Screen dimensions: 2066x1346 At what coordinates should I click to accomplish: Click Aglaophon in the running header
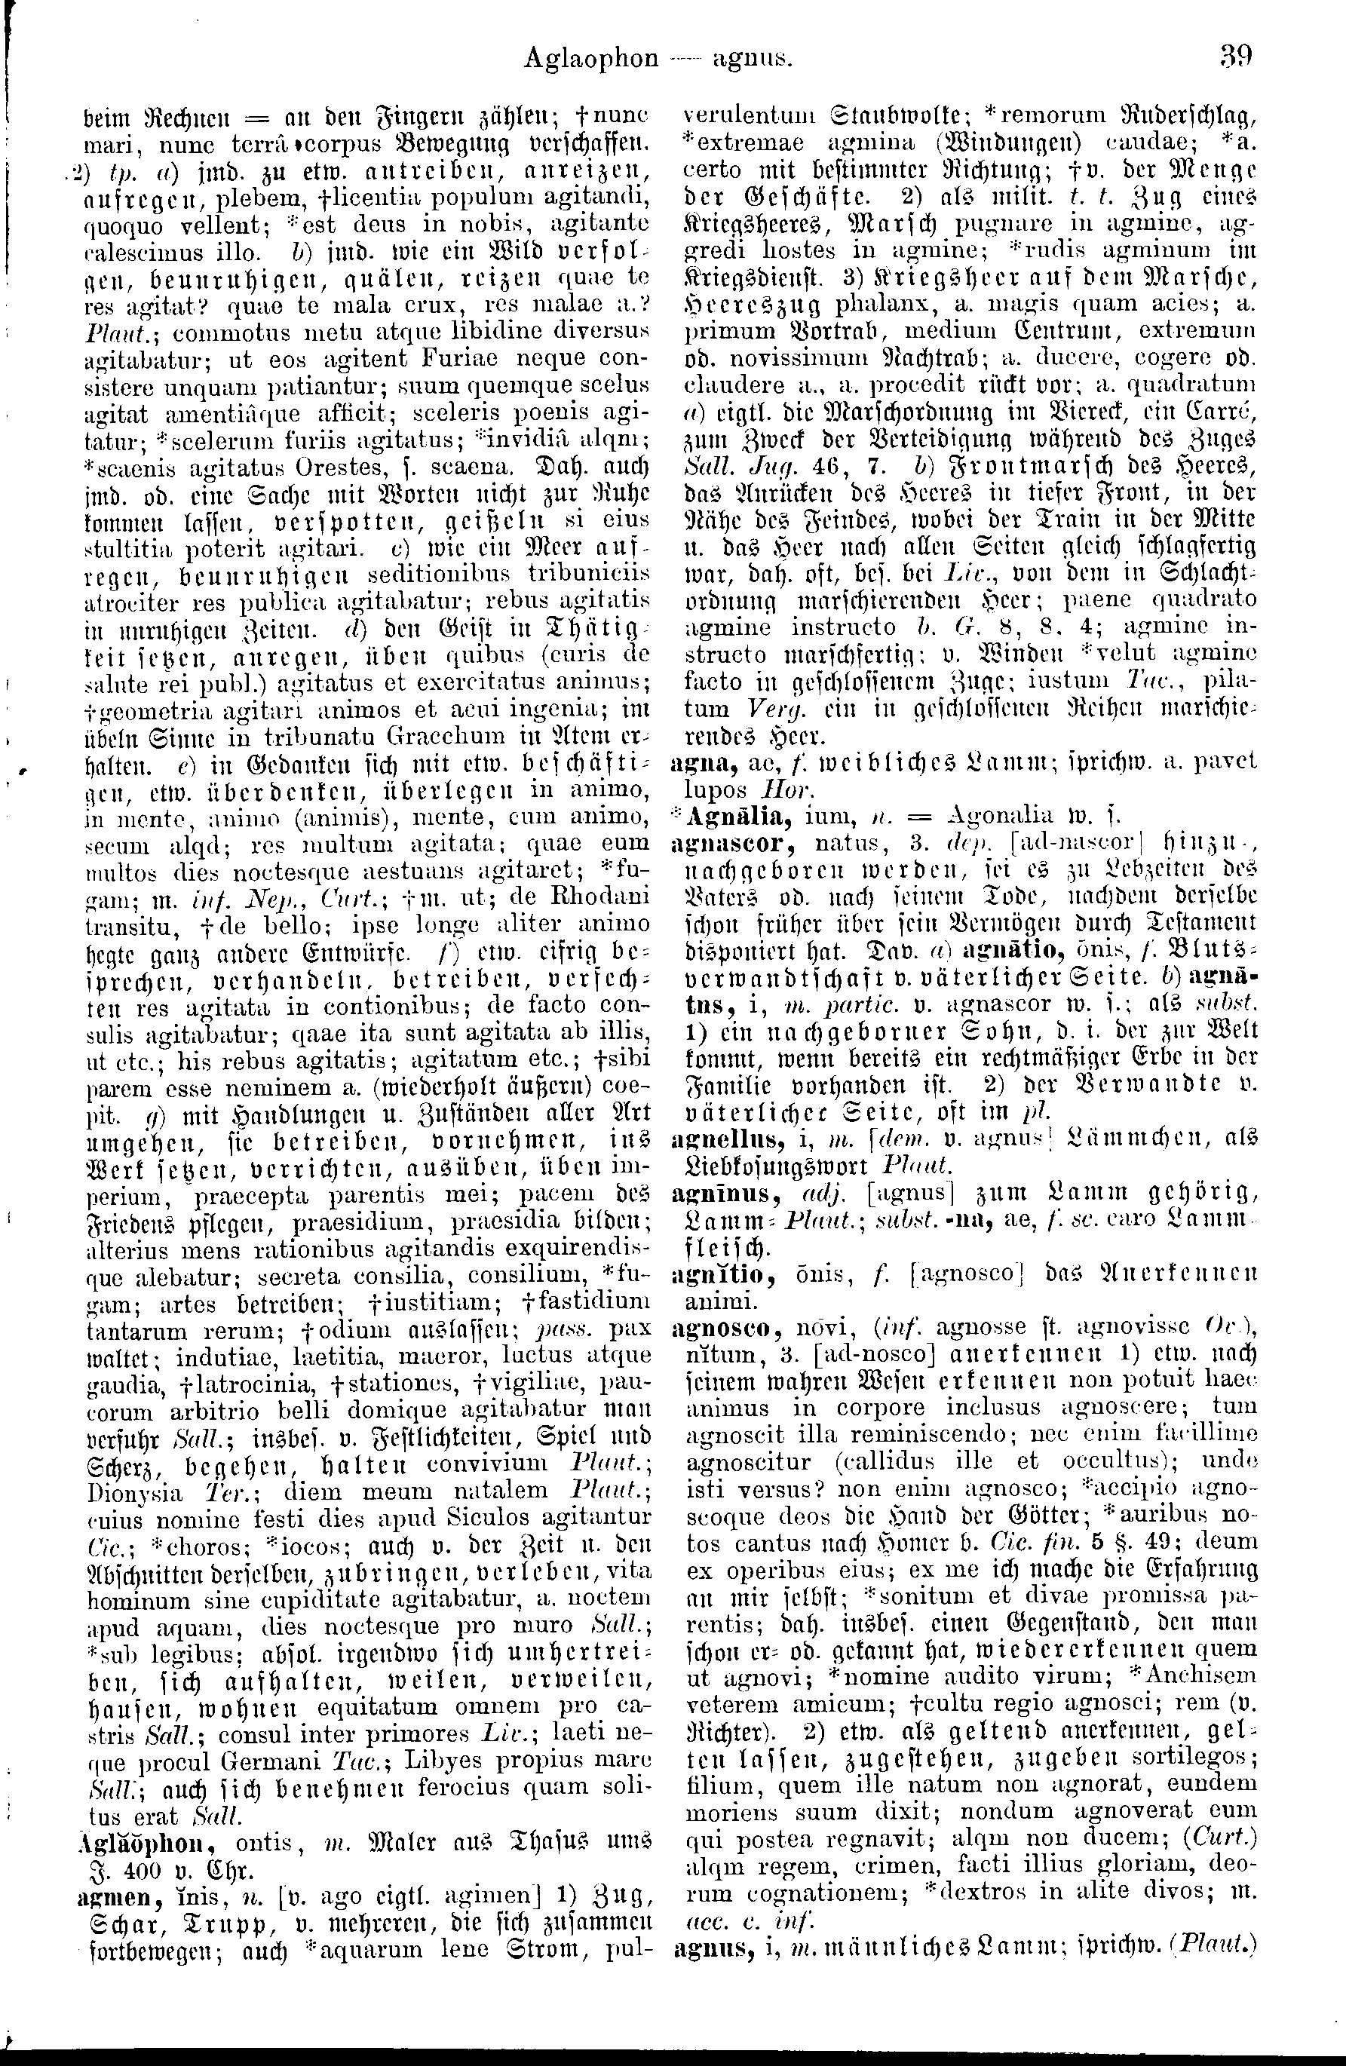(x=591, y=58)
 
